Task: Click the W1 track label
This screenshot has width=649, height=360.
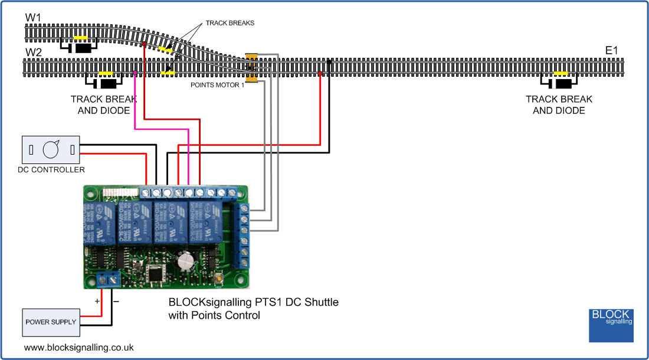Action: [33, 18]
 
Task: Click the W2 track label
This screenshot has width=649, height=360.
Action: [33, 53]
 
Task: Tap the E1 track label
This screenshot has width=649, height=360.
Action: [611, 51]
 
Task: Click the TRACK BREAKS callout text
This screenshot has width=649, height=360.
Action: [230, 23]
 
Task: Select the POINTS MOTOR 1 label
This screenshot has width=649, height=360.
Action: [217, 85]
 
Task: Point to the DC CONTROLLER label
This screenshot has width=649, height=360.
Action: [51, 170]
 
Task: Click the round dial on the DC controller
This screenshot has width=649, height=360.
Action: [51, 150]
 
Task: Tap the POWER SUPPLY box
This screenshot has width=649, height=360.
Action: [51, 322]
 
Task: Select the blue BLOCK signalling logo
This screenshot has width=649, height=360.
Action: [611, 325]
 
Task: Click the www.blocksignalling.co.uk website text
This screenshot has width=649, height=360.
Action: [78, 348]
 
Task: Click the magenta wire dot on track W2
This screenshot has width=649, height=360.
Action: [136, 73]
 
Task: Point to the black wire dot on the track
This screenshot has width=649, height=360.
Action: [329, 61]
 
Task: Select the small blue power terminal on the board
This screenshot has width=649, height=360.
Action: [107, 277]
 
